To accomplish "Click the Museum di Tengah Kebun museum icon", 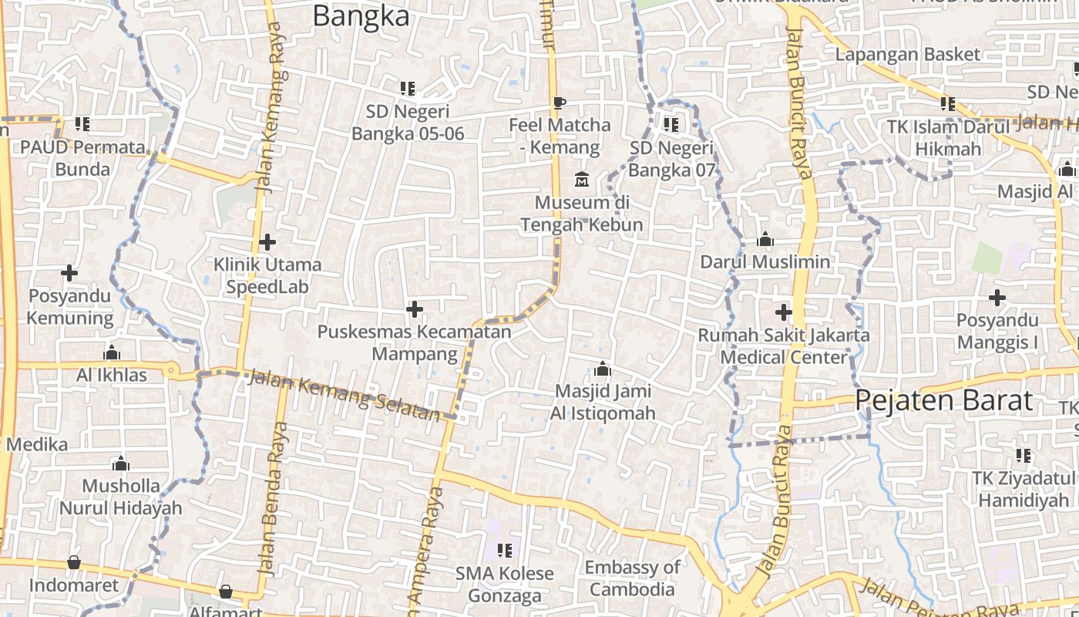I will pyautogui.click(x=582, y=180).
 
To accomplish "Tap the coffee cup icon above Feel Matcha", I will pyautogui.click(x=560, y=102).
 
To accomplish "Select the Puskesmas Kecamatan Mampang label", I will pyautogui.click(x=414, y=343).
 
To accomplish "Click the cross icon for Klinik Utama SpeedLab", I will pyautogui.click(x=267, y=242).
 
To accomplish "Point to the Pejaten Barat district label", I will pyautogui.click(x=943, y=400).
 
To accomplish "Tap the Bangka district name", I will pyautogui.click(x=361, y=15).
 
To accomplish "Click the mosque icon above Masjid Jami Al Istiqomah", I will pyautogui.click(x=603, y=369).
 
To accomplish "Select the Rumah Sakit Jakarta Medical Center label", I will pyautogui.click(x=784, y=346).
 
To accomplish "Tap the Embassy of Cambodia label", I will pyautogui.click(x=632, y=578).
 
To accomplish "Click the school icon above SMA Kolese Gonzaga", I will pyautogui.click(x=505, y=550).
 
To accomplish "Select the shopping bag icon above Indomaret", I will pyautogui.click(x=74, y=562).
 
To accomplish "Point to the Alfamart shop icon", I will pyautogui.click(x=225, y=592).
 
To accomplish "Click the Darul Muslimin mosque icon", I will pyautogui.click(x=765, y=239).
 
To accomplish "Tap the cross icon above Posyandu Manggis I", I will pyautogui.click(x=997, y=297).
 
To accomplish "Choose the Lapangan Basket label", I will pyautogui.click(x=908, y=54).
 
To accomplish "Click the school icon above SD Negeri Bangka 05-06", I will pyautogui.click(x=408, y=89).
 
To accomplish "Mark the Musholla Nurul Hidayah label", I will pyautogui.click(x=121, y=497).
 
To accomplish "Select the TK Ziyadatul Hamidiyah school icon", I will pyautogui.click(x=1024, y=455).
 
